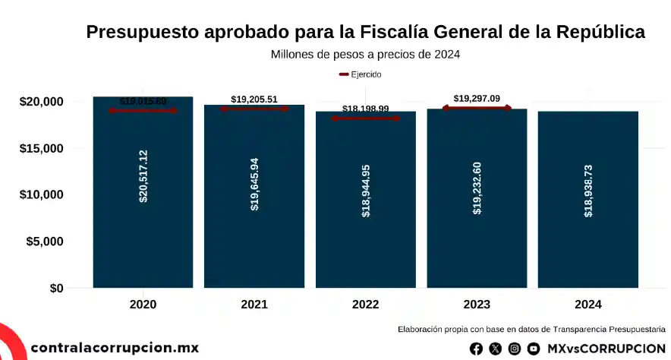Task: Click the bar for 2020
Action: (143, 228)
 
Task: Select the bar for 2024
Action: (588, 228)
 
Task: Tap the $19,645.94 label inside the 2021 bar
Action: (254, 184)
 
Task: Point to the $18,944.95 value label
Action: (366, 191)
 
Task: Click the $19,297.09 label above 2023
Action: (477, 99)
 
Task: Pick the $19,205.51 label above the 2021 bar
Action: (254, 99)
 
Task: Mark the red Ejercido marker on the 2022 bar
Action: (366, 118)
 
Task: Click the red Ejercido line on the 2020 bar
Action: (143, 111)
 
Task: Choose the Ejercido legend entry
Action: (361, 74)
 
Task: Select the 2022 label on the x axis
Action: (366, 305)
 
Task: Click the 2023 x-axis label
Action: (477, 305)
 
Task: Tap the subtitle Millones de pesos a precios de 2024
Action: (365, 55)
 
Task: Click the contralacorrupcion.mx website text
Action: (115, 348)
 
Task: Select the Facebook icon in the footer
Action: (476, 349)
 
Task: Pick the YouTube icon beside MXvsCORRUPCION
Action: (534, 349)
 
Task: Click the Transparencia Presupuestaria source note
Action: (531, 330)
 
